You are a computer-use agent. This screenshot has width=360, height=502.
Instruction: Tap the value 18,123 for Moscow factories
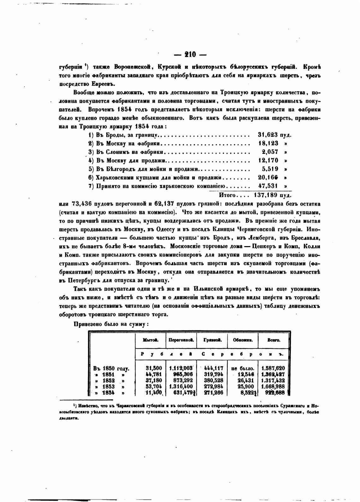click(x=268, y=143)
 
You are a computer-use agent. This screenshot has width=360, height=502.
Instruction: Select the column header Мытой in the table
click(x=150, y=341)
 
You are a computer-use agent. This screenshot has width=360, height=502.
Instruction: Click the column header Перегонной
click(x=181, y=341)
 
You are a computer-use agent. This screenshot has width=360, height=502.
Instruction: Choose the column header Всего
click(x=273, y=341)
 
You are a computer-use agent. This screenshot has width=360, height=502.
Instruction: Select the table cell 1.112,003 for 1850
click(x=181, y=368)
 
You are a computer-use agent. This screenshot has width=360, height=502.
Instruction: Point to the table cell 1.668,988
click(x=273, y=386)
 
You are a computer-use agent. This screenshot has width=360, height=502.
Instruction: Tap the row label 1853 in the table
click(x=108, y=386)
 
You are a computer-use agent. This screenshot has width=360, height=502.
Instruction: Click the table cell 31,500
click(x=154, y=368)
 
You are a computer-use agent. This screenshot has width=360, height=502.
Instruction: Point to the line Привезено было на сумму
click(x=111, y=324)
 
